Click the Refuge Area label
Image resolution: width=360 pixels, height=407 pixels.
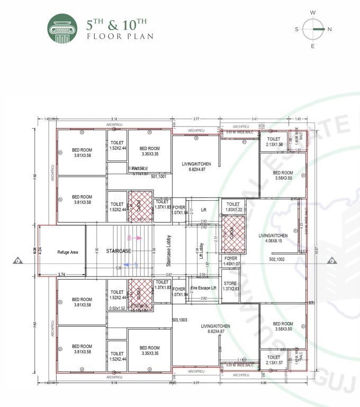(x=68, y=252)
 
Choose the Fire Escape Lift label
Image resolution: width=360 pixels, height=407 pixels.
(x=203, y=288)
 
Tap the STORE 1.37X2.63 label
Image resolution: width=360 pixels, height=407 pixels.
(x=230, y=286)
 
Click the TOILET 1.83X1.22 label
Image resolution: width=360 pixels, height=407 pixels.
(x=233, y=207)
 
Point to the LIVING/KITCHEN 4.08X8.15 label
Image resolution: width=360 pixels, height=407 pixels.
(x=273, y=237)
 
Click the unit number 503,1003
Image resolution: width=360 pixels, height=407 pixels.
(x=180, y=320)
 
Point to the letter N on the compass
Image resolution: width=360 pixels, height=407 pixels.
(x=329, y=29)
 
